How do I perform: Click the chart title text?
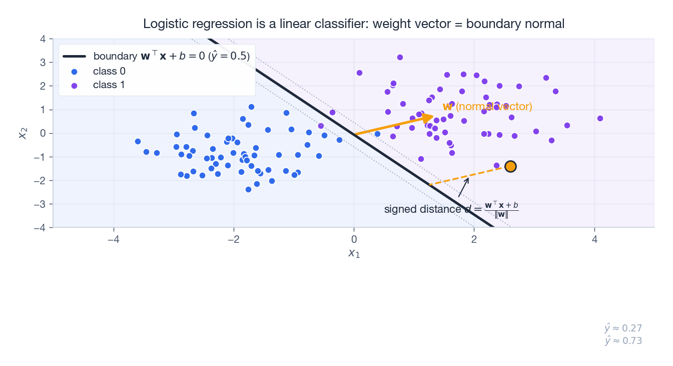[354, 24]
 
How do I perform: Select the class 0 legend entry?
[109, 71]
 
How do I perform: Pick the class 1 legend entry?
[109, 85]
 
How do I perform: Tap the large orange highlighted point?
[510, 166]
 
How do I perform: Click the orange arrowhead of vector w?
[428, 117]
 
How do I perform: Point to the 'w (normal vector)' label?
[487, 107]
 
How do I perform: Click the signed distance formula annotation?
[451, 209]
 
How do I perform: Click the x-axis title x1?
[354, 253]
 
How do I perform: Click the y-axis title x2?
[23, 133]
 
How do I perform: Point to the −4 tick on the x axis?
[114, 239]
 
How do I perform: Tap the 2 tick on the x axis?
[474, 239]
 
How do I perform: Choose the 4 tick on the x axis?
[594, 239]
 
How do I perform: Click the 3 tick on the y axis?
[43, 63]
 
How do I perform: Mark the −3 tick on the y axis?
[40, 204]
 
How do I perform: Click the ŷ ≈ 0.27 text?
[623, 328]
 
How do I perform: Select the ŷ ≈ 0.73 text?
[623, 341]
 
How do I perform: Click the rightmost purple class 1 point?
[600, 119]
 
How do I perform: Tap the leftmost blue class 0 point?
[138, 142]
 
